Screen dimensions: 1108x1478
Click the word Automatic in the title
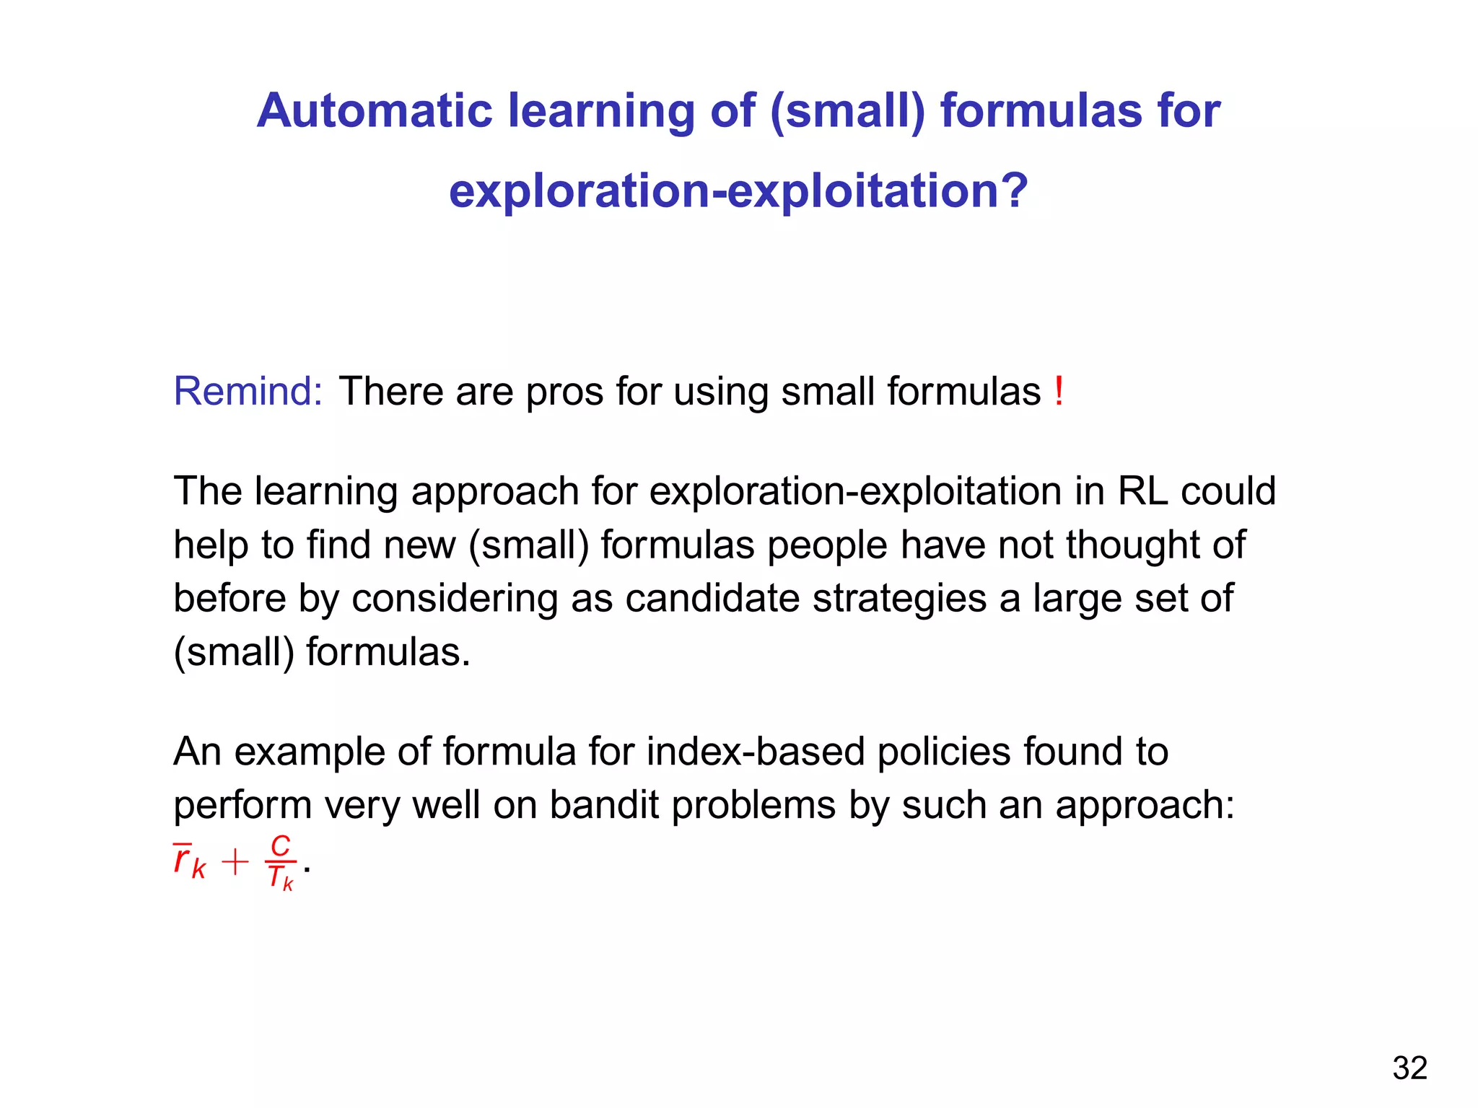[x=375, y=111]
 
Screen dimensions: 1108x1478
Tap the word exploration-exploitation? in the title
[x=738, y=191]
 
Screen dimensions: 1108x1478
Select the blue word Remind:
[x=248, y=392]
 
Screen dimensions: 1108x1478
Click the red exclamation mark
[x=1058, y=392]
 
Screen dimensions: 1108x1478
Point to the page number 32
[x=1409, y=1068]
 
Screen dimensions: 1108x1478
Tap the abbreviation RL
[x=1142, y=491]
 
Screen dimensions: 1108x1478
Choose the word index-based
[x=755, y=752]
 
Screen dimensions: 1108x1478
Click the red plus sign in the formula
[x=235, y=862]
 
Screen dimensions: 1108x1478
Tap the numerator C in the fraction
[x=280, y=845]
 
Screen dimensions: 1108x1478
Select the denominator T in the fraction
[x=276, y=877]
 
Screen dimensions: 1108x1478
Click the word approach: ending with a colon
[x=1145, y=805]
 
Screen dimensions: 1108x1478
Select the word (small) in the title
[x=847, y=111]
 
